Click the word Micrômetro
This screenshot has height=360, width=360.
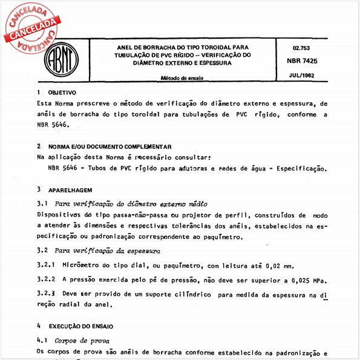(85, 266)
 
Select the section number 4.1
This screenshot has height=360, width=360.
(42, 341)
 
